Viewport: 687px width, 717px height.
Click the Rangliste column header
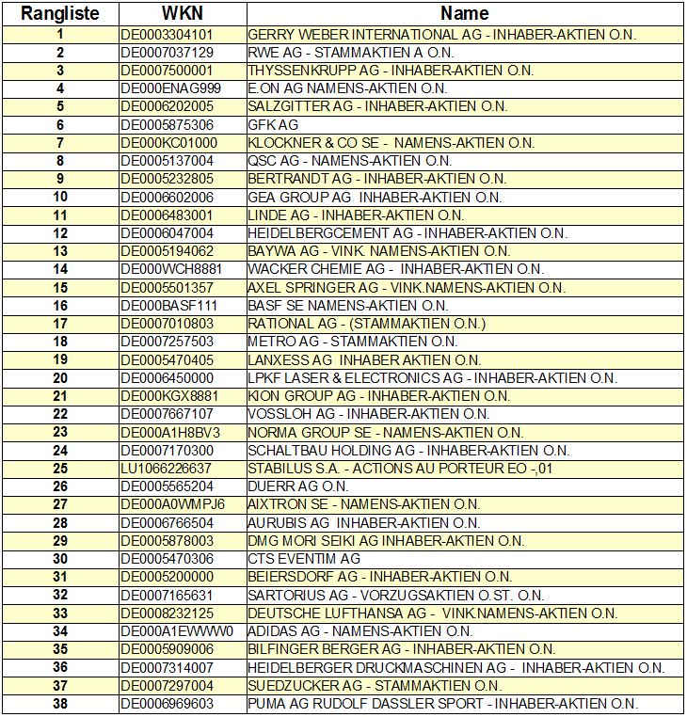[60, 13]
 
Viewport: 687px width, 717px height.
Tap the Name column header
[464, 13]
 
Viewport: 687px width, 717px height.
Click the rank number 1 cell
[60, 35]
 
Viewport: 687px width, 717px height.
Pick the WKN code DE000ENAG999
[170, 88]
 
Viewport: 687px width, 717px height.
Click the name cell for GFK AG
[273, 125]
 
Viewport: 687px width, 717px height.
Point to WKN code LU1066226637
[168, 469]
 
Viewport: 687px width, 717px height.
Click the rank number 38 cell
[60, 704]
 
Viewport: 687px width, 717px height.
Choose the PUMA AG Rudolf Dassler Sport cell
[442, 704]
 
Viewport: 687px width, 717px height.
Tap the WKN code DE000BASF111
[169, 306]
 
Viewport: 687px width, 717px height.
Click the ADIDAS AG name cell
[346, 631]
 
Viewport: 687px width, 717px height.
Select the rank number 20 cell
[60, 378]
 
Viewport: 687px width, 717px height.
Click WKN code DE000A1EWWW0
[177, 631]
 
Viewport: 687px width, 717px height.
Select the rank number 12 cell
[60, 233]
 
